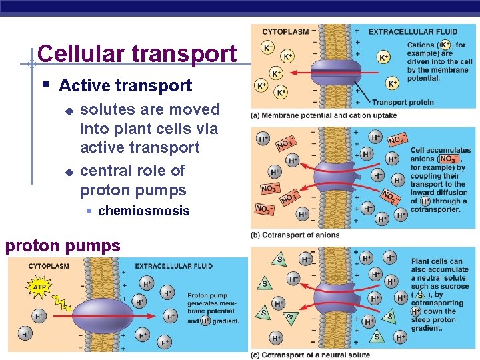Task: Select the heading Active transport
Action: click(x=125, y=85)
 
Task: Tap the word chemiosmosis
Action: click(x=143, y=211)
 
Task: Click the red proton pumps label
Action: click(x=63, y=246)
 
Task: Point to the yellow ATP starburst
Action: click(x=39, y=288)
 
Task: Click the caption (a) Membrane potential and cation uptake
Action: click(x=323, y=115)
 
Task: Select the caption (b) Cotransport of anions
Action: click(x=295, y=235)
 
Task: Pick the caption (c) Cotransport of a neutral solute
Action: click(x=310, y=355)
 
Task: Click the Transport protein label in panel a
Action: click(x=403, y=103)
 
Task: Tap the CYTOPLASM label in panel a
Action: click(x=285, y=31)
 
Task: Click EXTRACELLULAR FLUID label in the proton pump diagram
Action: click(x=174, y=266)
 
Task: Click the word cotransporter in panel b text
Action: click(x=435, y=209)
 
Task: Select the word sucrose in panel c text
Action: click(x=454, y=287)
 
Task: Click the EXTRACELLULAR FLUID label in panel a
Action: click(x=413, y=31)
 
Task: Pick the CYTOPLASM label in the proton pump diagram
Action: click(x=47, y=266)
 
